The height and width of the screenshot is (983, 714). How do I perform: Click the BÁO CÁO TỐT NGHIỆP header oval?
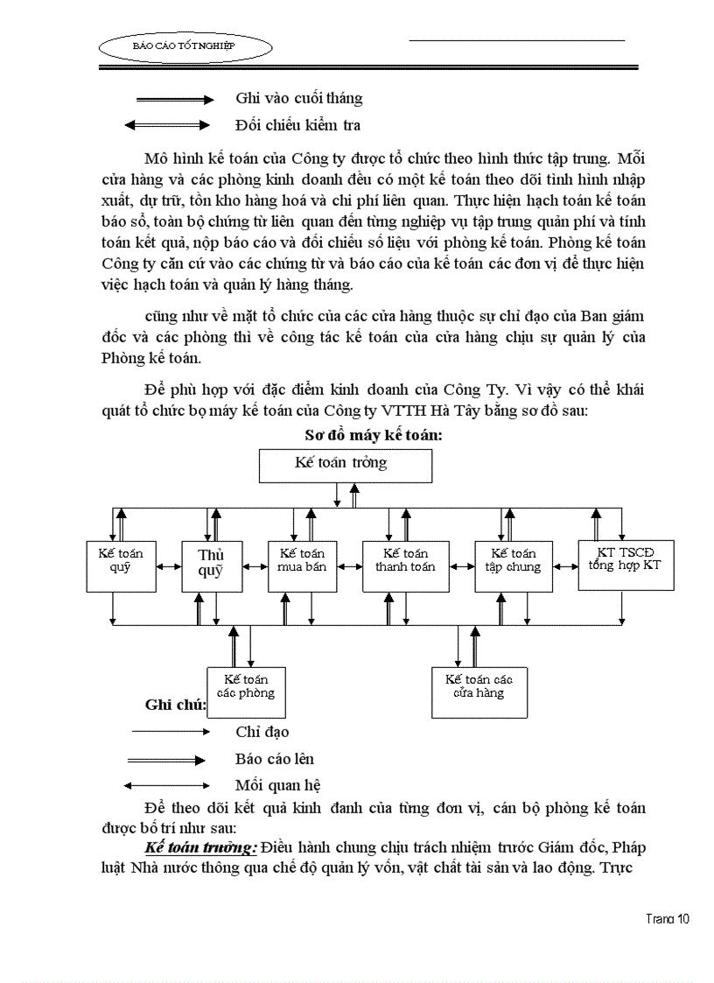(x=185, y=45)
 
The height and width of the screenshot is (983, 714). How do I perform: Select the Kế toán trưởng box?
(x=345, y=465)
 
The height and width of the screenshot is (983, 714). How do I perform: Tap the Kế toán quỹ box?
(x=121, y=565)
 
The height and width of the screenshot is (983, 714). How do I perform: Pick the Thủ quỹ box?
(x=211, y=565)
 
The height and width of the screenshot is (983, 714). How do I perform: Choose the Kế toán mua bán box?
(x=302, y=565)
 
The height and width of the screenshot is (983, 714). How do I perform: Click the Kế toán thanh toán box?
(x=405, y=565)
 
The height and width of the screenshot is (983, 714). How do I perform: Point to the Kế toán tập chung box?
(x=513, y=565)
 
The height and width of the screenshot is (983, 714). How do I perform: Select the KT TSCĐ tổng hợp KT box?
(x=625, y=565)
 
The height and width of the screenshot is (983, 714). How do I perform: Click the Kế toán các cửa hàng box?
(x=479, y=692)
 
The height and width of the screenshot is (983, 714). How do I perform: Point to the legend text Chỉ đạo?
(x=262, y=732)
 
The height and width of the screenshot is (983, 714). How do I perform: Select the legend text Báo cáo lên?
(x=274, y=759)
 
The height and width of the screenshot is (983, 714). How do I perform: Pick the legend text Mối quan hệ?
(x=272, y=785)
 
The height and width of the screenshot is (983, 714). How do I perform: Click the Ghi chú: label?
(x=175, y=705)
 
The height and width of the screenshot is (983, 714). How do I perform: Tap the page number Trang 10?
(x=668, y=918)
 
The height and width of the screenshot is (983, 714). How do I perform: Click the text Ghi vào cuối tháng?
(x=298, y=99)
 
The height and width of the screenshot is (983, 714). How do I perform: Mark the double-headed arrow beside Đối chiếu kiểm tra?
(x=168, y=126)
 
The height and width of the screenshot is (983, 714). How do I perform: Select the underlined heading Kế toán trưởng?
(x=200, y=848)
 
